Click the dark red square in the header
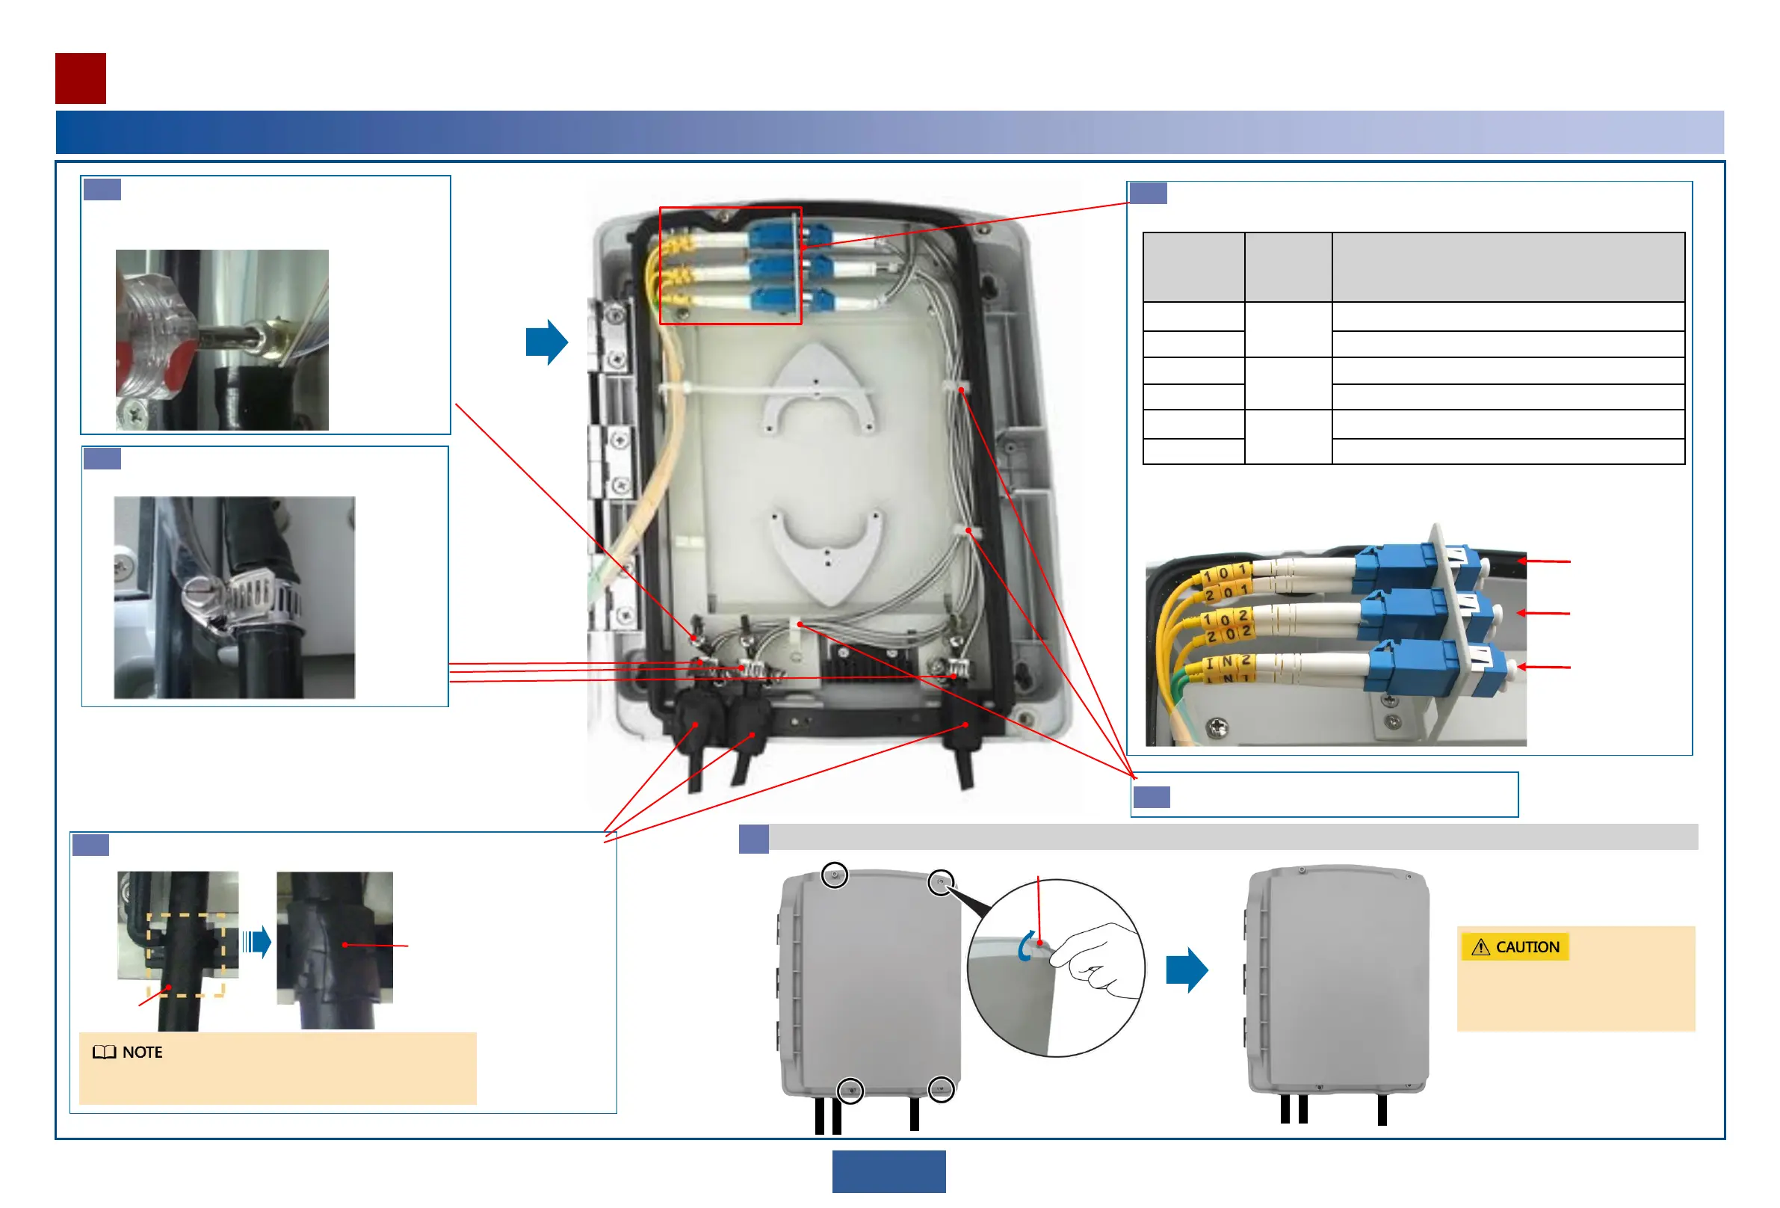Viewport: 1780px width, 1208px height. tap(81, 78)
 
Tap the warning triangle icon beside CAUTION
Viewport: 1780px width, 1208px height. tap(1480, 948)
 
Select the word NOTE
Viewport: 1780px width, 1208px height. tap(143, 1053)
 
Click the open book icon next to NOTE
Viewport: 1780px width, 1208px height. tap(104, 1053)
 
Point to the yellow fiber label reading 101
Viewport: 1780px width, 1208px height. tap(1226, 573)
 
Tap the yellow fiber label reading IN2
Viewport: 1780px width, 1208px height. tap(1229, 661)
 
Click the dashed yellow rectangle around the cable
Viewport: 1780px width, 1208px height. tap(185, 955)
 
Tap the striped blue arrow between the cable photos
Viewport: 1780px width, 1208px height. tap(256, 941)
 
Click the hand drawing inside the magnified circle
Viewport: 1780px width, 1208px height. tap(1095, 961)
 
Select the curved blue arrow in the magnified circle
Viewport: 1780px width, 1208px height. tap(1025, 947)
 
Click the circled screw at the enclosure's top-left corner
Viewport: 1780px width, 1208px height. tap(834, 875)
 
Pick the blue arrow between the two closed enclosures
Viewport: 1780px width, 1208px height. tap(1187, 970)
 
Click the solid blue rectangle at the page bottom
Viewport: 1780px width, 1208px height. tap(889, 1171)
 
